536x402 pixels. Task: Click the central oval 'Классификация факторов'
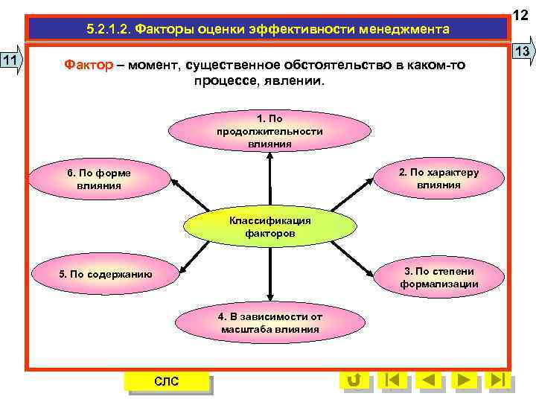pos(269,227)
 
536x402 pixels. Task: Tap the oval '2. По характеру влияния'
pos(438,179)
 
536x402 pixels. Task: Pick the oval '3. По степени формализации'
pos(438,277)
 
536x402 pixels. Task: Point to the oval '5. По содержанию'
pos(105,274)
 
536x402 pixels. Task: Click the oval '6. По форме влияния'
pos(98,179)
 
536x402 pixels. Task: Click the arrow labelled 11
pos(13,60)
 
